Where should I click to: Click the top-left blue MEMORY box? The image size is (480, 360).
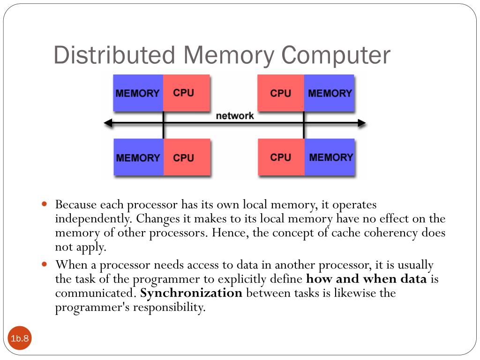[x=138, y=93]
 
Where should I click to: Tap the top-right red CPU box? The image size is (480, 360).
[x=281, y=93]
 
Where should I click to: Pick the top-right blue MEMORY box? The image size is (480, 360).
[x=330, y=93]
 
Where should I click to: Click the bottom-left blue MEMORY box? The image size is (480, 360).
[x=138, y=157]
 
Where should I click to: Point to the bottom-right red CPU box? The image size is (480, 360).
[x=281, y=157]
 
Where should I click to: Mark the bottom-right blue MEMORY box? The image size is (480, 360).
[x=330, y=157]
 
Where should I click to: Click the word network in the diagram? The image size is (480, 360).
[x=235, y=116]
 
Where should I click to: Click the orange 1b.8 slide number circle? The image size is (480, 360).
[x=20, y=338]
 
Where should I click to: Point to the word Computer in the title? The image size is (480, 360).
[x=336, y=55]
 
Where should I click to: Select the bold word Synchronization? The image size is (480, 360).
[x=191, y=293]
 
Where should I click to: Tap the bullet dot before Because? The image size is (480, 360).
[x=45, y=205]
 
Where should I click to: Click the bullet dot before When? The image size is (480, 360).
[x=45, y=264]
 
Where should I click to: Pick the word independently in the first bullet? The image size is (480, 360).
[x=92, y=219]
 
